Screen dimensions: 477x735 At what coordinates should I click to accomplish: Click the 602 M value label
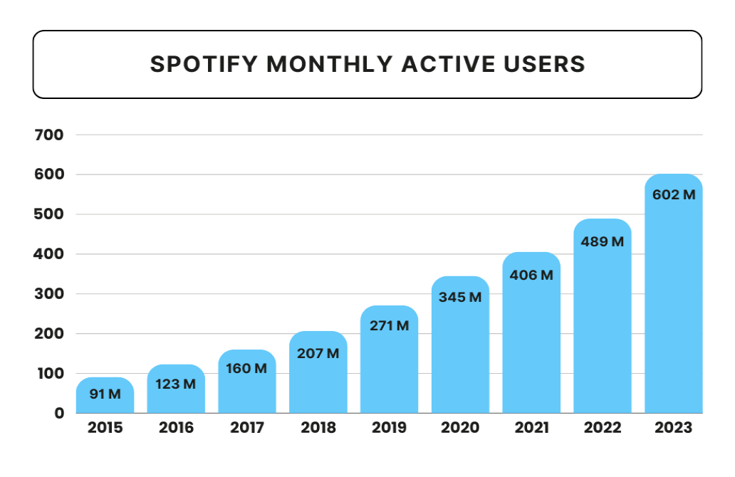pyautogui.click(x=674, y=194)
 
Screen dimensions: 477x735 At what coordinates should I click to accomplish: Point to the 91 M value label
pyautogui.click(x=105, y=394)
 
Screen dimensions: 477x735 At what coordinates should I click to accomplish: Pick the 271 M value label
pyautogui.click(x=389, y=325)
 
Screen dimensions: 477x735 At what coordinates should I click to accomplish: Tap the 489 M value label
pyautogui.click(x=603, y=241)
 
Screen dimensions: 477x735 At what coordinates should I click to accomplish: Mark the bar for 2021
pyautogui.click(x=531, y=342)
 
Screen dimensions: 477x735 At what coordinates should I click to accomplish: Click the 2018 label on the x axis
pyautogui.click(x=318, y=428)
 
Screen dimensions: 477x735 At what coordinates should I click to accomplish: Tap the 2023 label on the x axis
pyautogui.click(x=674, y=428)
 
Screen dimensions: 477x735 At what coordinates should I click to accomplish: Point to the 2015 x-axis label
pyautogui.click(x=105, y=428)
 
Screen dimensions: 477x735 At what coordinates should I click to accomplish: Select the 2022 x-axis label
pyautogui.click(x=603, y=428)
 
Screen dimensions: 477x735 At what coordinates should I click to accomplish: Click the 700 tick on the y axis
pyautogui.click(x=49, y=135)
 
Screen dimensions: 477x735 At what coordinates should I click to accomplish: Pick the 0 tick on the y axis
pyautogui.click(x=59, y=413)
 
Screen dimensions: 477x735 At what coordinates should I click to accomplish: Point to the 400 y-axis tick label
pyautogui.click(x=49, y=254)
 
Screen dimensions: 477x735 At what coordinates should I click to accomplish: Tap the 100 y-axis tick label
pyautogui.click(x=49, y=373)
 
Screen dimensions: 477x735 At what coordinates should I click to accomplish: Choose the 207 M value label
pyautogui.click(x=318, y=352)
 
